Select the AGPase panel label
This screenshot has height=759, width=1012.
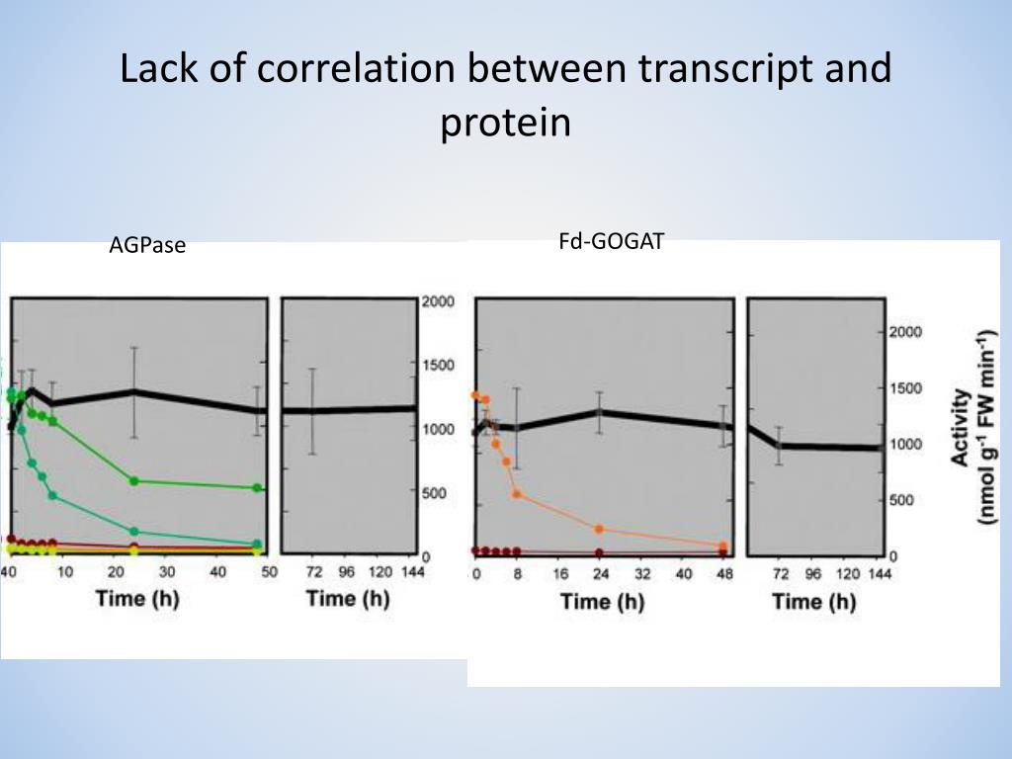147,246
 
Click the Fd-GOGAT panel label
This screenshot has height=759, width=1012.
611,241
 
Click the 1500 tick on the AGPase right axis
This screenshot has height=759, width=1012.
438,366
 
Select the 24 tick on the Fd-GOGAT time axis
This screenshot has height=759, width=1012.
599,575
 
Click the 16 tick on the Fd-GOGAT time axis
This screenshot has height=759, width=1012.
558,575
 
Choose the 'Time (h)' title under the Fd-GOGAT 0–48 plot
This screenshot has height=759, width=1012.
601,601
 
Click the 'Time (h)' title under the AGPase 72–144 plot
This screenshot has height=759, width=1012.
348,598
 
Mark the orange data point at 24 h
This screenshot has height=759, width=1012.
599,529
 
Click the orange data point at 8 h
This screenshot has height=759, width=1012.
517,494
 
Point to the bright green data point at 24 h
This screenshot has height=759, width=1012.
133,481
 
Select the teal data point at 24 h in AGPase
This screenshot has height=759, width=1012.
133,532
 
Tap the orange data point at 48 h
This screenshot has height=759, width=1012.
722,546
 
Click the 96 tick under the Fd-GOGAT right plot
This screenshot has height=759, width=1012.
813,575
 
